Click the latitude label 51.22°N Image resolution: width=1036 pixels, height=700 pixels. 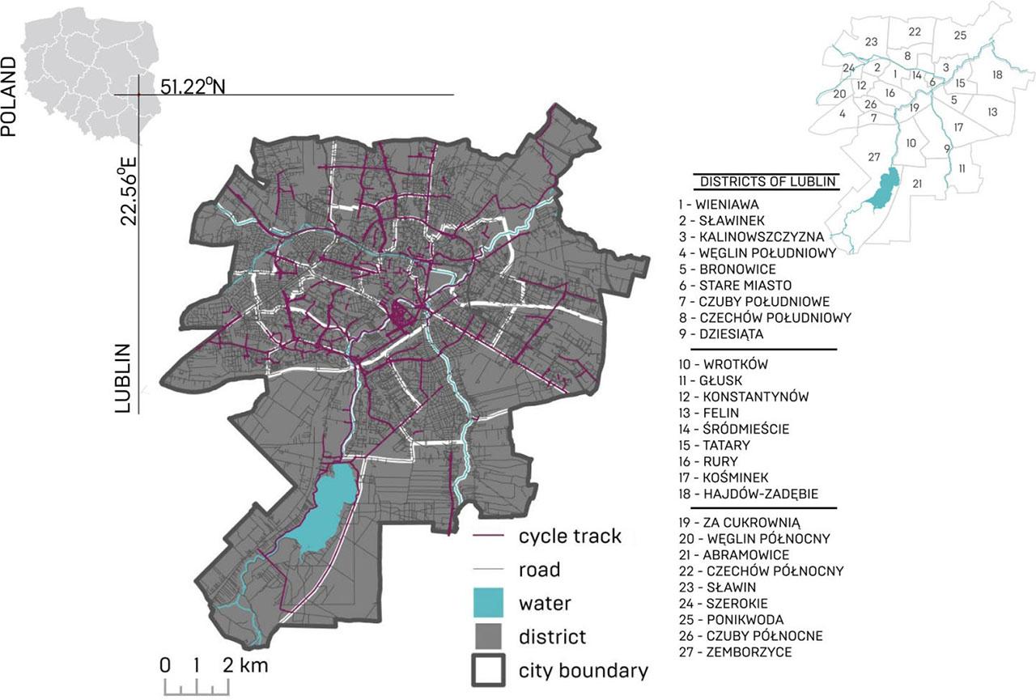[x=192, y=85]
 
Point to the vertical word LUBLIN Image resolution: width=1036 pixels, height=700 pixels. [x=123, y=378]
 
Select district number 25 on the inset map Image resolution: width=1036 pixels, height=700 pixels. [x=960, y=35]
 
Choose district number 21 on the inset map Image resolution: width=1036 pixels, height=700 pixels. [x=917, y=184]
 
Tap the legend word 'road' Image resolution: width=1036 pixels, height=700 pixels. [x=539, y=570]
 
